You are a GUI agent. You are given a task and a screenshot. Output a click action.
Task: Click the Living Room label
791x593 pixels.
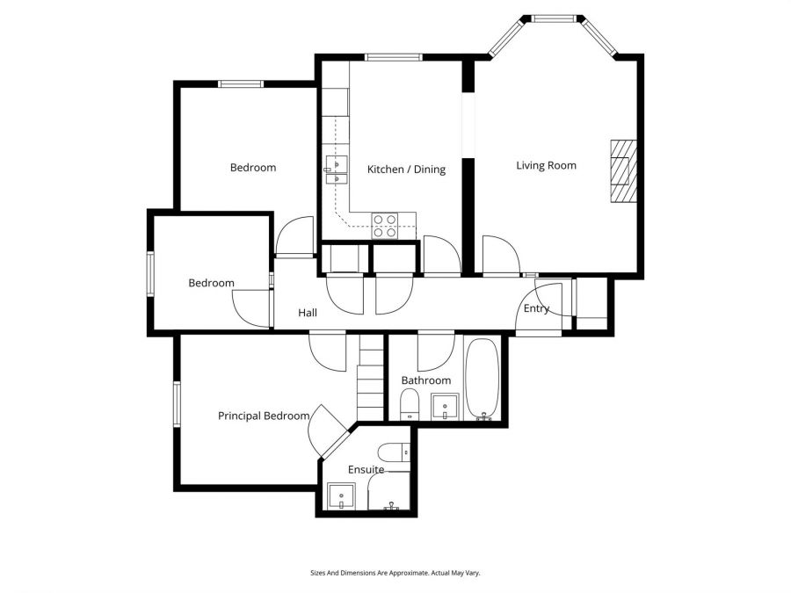click(x=546, y=165)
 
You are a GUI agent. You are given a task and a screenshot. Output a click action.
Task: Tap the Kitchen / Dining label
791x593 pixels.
click(x=406, y=170)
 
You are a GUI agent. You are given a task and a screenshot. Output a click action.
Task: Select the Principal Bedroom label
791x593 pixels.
click(x=264, y=416)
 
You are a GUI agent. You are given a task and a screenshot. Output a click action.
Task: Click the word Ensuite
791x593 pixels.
click(x=366, y=470)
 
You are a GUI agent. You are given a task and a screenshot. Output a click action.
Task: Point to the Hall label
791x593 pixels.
click(x=308, y=313)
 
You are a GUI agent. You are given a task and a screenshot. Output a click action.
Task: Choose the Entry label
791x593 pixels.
click(x=536, y=308)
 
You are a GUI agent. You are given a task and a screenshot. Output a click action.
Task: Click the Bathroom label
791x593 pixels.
click(x=426, y=380)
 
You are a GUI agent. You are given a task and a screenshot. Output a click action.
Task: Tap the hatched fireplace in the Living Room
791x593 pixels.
click(x=623, y=171)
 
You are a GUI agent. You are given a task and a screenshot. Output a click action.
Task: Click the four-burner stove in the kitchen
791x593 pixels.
click(x=384, y=226)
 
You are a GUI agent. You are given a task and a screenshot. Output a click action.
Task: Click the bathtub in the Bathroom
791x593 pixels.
click(x=482, y=379)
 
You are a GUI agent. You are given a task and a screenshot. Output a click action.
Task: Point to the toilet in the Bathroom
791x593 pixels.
click(x=409, y=406)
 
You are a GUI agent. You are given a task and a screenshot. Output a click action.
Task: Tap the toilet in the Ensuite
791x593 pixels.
click(x=401, y=452)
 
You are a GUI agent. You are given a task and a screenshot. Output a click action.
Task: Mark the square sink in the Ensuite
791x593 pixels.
click(x=339, y=497)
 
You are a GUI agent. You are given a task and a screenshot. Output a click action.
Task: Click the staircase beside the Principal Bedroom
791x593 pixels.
click(x=371, y=379)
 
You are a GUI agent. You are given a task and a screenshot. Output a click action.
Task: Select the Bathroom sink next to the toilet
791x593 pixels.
click(x=446, y=408)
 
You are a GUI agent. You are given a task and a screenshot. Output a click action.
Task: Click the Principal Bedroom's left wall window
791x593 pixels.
click(x=177, y=402)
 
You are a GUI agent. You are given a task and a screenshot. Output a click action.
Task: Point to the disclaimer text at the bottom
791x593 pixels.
click(x=395, y=573)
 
